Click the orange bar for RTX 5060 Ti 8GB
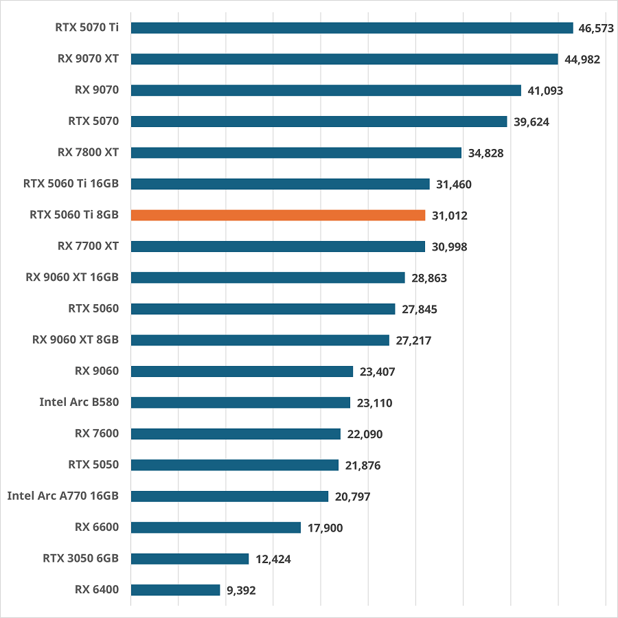click(x=278, y=215)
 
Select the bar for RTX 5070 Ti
click(x=352, y=27)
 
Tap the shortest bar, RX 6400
click(x=175, y=590)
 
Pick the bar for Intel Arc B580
click(x=240, y=402)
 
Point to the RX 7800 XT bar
click(x=296, y=152)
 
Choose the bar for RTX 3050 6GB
click(x=190, y=559)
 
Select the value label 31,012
click(x=450, y=216)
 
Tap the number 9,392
click(x=241, y=591)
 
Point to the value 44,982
click(x=582, y=60)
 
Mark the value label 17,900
click(x=325, y=528)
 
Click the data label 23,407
click(x=377, y=372)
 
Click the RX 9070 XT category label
click(x=88, y=59)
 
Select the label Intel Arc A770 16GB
click(x=63, y=496)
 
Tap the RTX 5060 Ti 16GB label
click(x=71, y=183)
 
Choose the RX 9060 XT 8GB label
click(x=76, y=339)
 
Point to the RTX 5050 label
click(x=93, y=464)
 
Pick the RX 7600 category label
click(x=97, y=433)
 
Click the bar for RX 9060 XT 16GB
click(x=268, y=277)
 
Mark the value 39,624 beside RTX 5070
click(x=531, y=122)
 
